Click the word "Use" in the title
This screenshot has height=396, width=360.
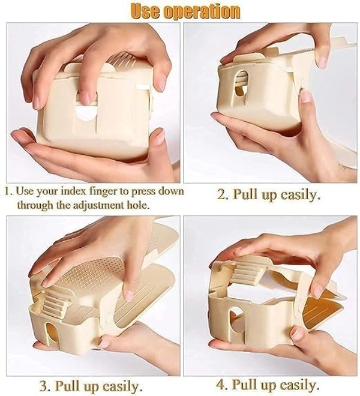[145, 11]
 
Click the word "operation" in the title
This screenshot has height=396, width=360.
[202, 11]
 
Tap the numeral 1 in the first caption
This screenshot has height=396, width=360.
[8, 191]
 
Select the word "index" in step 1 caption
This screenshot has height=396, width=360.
[73, 191]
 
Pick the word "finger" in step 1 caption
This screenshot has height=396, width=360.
[103, 191]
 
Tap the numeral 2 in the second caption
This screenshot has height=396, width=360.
[223, 195]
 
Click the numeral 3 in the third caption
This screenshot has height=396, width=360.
[44, 386]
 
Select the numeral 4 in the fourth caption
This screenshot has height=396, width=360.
[221, 385]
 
